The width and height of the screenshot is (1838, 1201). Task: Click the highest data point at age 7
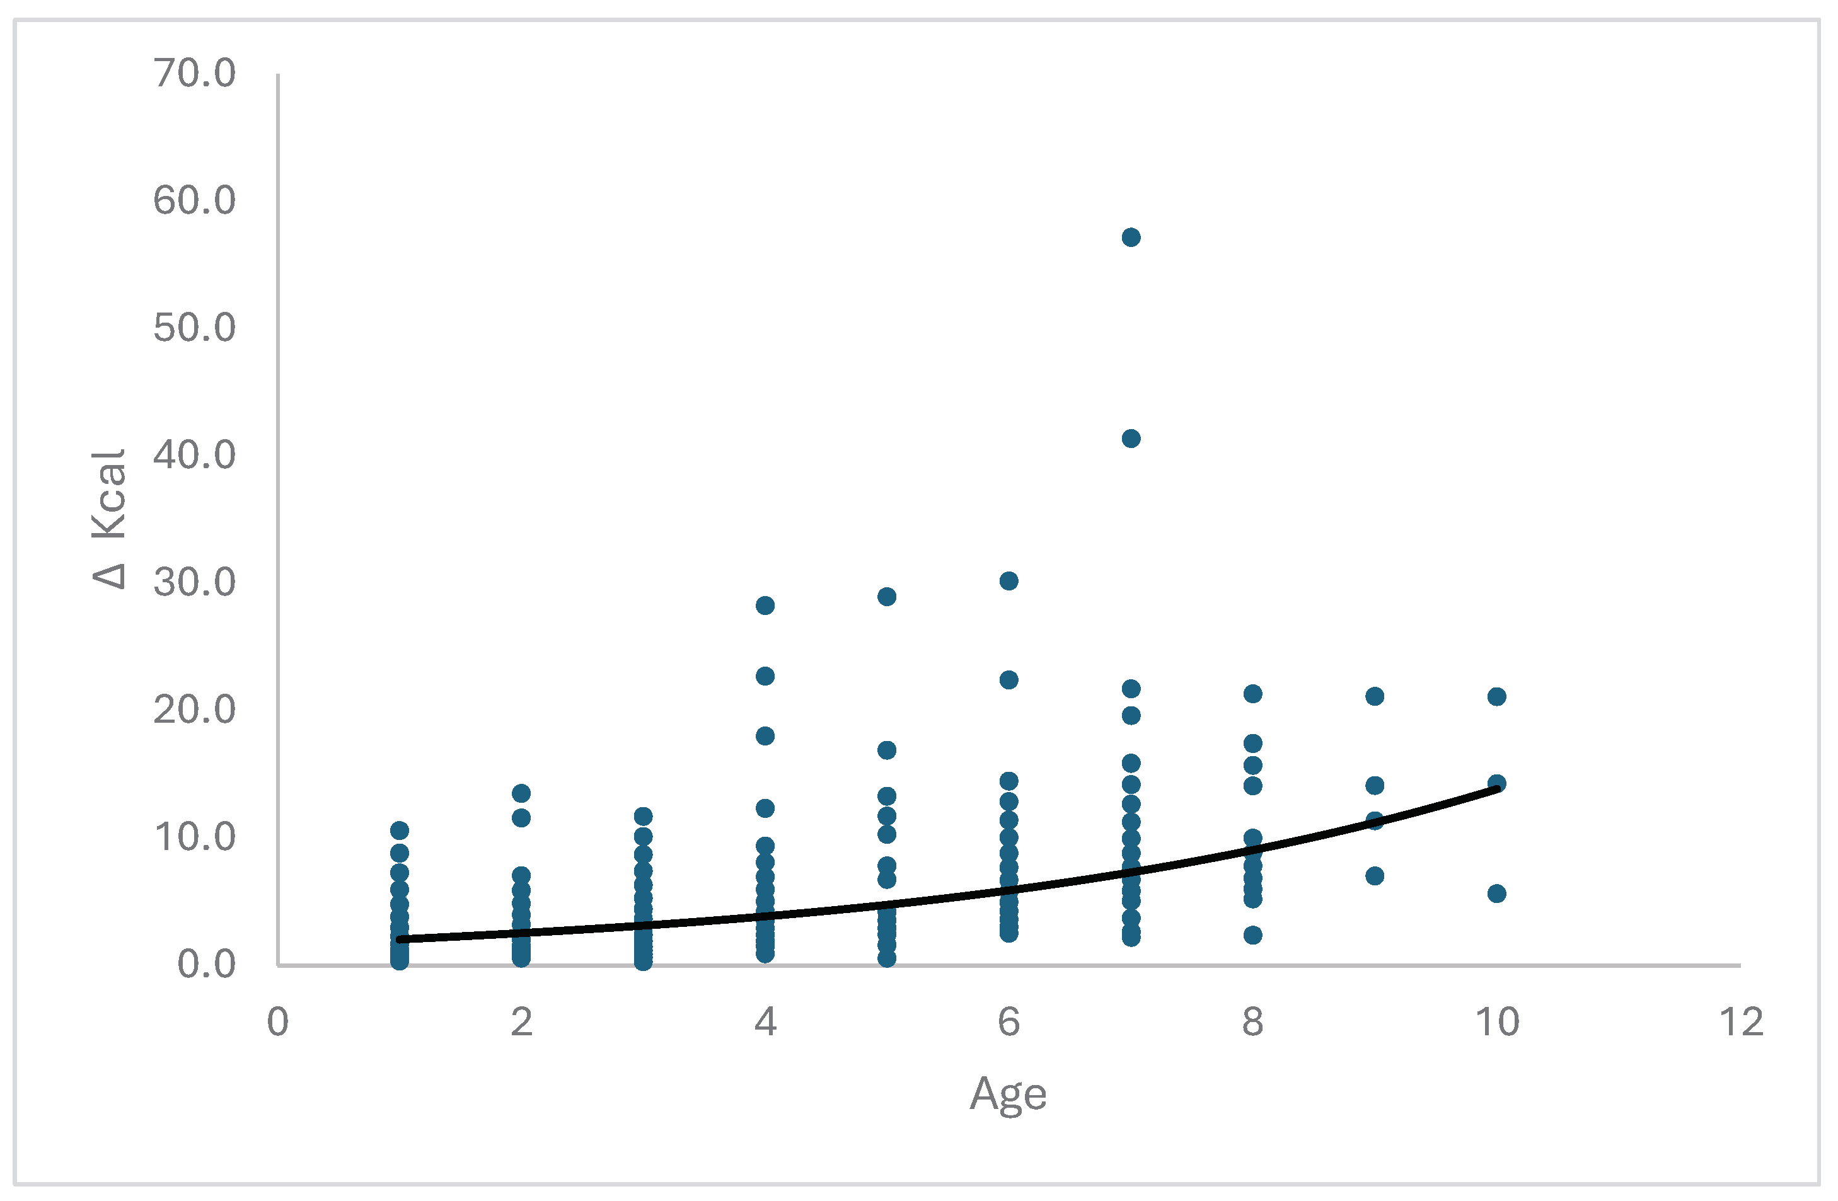click(x=1131, y=237)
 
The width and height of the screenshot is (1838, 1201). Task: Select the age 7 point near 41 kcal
click(x=1131, y=439)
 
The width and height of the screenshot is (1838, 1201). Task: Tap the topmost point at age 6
click(x=1009, y=580)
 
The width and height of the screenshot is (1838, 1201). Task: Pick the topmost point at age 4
click(x=765, y=605)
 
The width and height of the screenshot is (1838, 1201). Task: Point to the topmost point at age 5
click(x=887, y=597)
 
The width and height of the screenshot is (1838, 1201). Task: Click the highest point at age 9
click(x=1375, y=696)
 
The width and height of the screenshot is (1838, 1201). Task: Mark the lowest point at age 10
click(x=1496, y=894)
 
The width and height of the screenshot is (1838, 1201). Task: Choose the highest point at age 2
click(x=521, y=793)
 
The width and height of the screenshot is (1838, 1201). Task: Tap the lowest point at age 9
click(x=1375, y=876)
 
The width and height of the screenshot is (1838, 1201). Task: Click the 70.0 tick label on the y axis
click(x=195, y=74)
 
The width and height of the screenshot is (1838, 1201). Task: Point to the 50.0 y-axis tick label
click(x=195, y=328)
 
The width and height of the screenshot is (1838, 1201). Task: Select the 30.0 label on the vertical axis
click(x=195, y=583)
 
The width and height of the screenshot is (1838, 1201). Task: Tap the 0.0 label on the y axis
click(x=206, y=965)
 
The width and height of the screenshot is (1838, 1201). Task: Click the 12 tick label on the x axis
click(x=1742, y=1023)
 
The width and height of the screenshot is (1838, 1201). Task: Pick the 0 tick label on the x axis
click(x=278, y=1023)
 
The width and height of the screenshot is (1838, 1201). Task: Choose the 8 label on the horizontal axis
click(x=1252, y=1023)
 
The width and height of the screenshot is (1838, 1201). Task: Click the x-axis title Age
click(x=1008, y=1095)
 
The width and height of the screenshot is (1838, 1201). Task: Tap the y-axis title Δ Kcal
click(x=108, y=519)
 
